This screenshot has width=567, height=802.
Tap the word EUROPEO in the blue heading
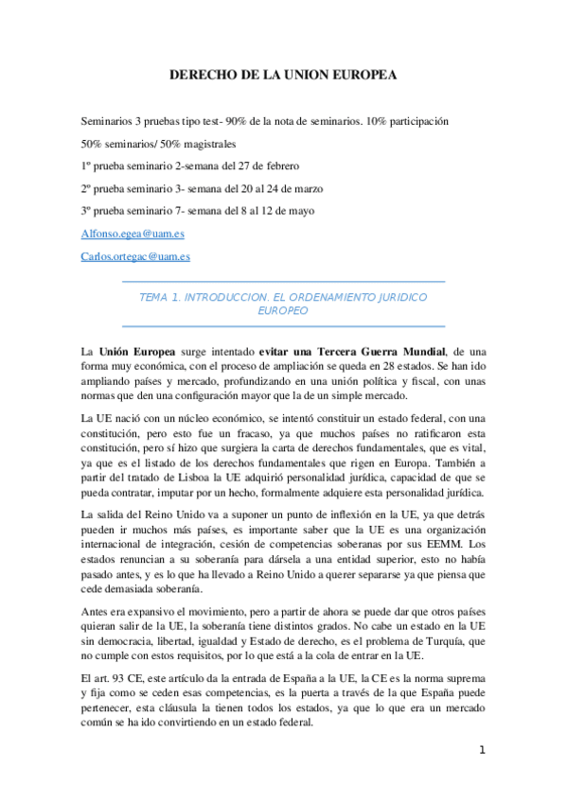(x=283, y=310)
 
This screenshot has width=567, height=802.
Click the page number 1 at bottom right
(x=482, y=750)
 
